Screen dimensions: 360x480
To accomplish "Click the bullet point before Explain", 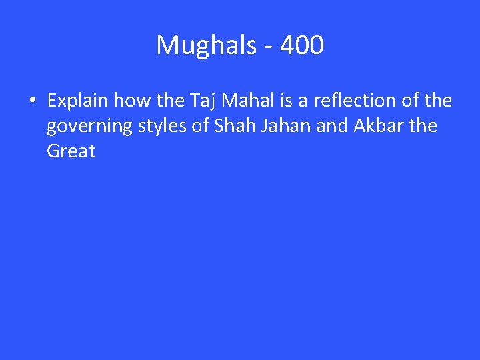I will (x=31, y=101).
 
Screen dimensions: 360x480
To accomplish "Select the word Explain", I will (x=78, y=101).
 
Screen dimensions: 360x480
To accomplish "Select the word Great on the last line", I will (x=71, y=151).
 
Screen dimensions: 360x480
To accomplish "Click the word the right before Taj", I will (x=170, y=101).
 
